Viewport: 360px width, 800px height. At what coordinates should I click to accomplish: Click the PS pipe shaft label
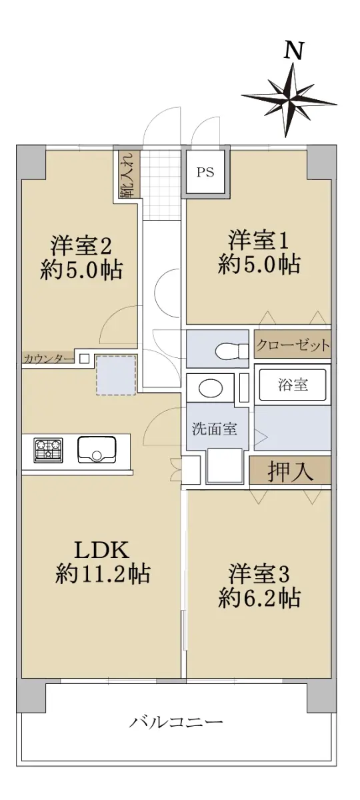206,173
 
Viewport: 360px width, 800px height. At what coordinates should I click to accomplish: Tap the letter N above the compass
294,51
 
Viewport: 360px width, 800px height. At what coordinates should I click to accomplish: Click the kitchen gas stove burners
49,450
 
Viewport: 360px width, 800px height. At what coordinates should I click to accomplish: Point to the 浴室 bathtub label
293,385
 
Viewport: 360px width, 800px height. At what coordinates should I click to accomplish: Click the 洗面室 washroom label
214,429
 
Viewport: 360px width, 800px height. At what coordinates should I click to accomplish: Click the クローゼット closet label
293,345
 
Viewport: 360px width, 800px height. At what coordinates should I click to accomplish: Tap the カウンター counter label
49,358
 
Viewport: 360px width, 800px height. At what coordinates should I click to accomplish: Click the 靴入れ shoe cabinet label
127,175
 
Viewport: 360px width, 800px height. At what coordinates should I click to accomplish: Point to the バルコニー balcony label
176,720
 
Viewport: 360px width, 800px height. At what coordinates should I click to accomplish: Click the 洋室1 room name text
259,241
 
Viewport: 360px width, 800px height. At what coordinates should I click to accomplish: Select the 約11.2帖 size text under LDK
103,573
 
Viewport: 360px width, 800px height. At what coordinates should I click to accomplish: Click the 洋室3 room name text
259,573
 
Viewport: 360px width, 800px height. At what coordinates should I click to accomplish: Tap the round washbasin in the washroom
211,388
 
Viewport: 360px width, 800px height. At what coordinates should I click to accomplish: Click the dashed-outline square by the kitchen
117,375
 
